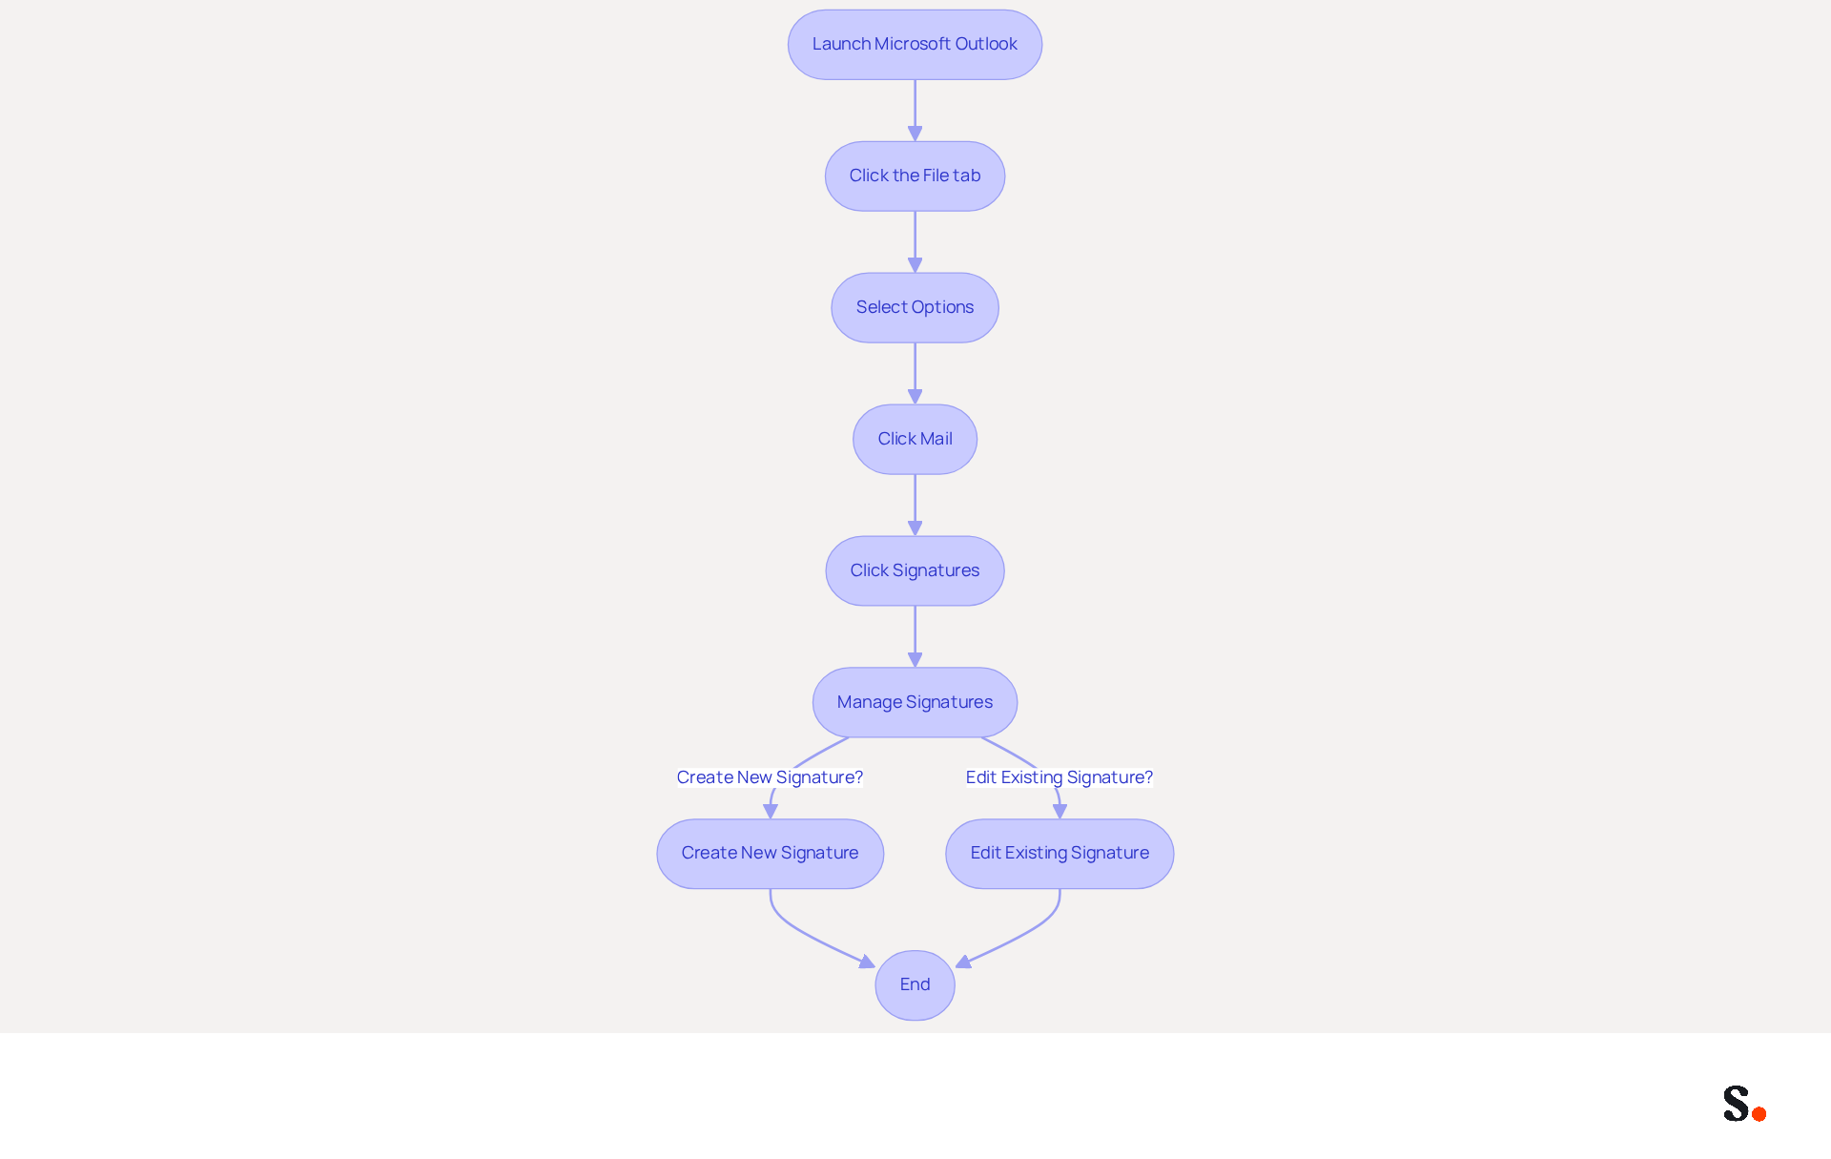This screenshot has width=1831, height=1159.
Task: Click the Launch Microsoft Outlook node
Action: [x=915, y=45]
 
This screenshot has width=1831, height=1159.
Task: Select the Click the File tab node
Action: [x=915, y=176]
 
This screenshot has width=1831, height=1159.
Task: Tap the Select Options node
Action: [x=915, y=308]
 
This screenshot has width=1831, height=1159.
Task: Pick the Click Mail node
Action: [x=915, y=440]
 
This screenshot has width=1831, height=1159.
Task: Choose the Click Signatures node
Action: [x=915, y=571]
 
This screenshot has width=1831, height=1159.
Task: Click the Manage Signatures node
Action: [x=915, y=703]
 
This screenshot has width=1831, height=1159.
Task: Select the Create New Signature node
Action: [x=770, y=854]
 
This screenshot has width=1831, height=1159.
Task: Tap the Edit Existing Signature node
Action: [x=1060, y=854]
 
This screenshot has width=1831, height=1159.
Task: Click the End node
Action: [x=915, y=985]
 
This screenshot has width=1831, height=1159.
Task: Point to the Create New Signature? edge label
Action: [x=770, y=777]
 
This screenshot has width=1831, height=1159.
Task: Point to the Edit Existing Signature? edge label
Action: [x=1060, y=777]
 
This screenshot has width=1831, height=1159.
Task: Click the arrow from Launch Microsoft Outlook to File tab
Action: [x=915, y=111]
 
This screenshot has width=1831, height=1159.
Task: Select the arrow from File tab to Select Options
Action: [x=915, y=242]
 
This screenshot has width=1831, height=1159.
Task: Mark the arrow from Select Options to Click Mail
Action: [x=915, y=374]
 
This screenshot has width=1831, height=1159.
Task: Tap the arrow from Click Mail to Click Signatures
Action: [x=915, y=506]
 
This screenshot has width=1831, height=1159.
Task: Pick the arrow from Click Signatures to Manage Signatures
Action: [x=915, y=637]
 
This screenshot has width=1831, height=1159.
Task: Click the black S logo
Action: [x=1737, y=1104]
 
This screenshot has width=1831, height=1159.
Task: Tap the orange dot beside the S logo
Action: [x=1759, y=1114]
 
